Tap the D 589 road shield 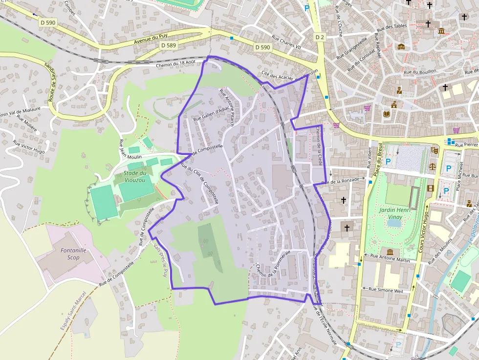pyautogui.click(x=168, y=45)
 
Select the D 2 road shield pyautogui.click(x=320, y=37)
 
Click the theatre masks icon pyautogui.click(x=435, y=150)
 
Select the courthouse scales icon pyautogui.click(x=432, y=166)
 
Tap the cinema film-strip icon pyautogui.click(x=431, y=188)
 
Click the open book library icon pyautogui.click(x=387, y=114)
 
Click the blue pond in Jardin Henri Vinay pyautogui.click(x=393, y=223)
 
